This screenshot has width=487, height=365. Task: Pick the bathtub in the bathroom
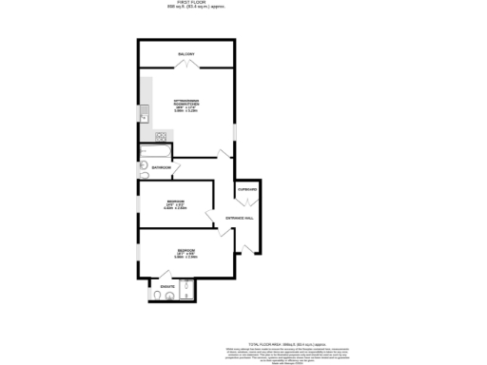click(x=155, y=152)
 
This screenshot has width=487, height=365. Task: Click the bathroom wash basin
click(x=143, y=164)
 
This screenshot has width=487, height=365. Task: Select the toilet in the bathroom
click(x=145, y=175)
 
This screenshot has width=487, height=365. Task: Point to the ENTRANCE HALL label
click(x=239, y=218)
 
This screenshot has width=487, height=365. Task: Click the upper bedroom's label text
click(x=176, y=203)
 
